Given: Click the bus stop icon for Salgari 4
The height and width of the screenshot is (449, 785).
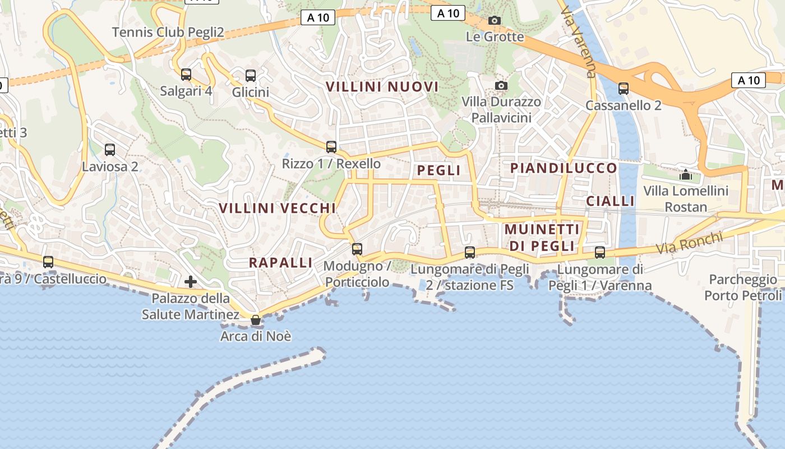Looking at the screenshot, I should click(x=186, y=75).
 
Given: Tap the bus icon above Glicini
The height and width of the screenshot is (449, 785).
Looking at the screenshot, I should click(x=251, y=76).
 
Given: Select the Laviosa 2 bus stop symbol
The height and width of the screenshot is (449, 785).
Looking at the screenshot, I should click(x=110, y=150).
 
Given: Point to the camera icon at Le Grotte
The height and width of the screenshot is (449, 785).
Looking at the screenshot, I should click(x=494, y=21).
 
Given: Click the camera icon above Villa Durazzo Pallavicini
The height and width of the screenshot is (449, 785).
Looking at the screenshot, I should click(x=501, y=85).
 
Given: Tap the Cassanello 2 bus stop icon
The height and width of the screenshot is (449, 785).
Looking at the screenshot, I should click(x=623, y=89).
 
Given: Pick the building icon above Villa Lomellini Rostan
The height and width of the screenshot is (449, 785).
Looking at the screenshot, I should click(x=685, y=175).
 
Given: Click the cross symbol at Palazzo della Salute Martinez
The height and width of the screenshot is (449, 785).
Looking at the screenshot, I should click(x=191, y=281).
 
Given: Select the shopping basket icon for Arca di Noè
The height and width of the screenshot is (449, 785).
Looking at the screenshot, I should click(x=256, y=320).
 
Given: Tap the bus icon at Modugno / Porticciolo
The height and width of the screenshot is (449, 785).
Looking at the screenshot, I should click(x=357, y=249).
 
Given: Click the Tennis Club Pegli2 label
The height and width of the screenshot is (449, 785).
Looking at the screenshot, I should click(x=168, y=33).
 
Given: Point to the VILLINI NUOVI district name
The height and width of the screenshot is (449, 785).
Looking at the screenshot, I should click(x=382, y=87).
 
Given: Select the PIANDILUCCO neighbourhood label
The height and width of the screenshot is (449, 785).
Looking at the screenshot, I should click(x=563, y=168).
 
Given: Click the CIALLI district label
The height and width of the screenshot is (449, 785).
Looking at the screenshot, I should click(x=610, y=201).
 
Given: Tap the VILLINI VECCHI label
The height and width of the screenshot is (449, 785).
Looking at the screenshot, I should click(x=277, y=208).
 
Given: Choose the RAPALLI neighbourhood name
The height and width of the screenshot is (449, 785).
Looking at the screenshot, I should click(x=280, y=263).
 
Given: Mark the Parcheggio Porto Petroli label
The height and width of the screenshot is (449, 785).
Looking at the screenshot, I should click(x=744, y=287).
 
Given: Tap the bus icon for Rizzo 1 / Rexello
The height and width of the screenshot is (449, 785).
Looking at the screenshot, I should click(x=331, y=147).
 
